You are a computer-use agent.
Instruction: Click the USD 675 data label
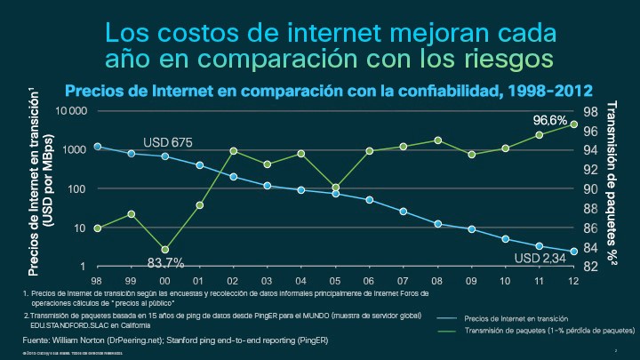coord(168,142)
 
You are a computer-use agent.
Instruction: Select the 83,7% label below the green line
coord(165,262)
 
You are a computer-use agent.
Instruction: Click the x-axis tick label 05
coord(336,280)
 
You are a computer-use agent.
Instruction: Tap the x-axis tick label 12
coord(573,280)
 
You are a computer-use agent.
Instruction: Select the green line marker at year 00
coord(165,250)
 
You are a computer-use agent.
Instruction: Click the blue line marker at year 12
coord(573,252)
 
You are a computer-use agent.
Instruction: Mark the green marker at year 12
coord(573,124)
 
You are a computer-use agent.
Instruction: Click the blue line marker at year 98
coord(98,147)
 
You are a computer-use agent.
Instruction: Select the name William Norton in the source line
coord(84,340)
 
